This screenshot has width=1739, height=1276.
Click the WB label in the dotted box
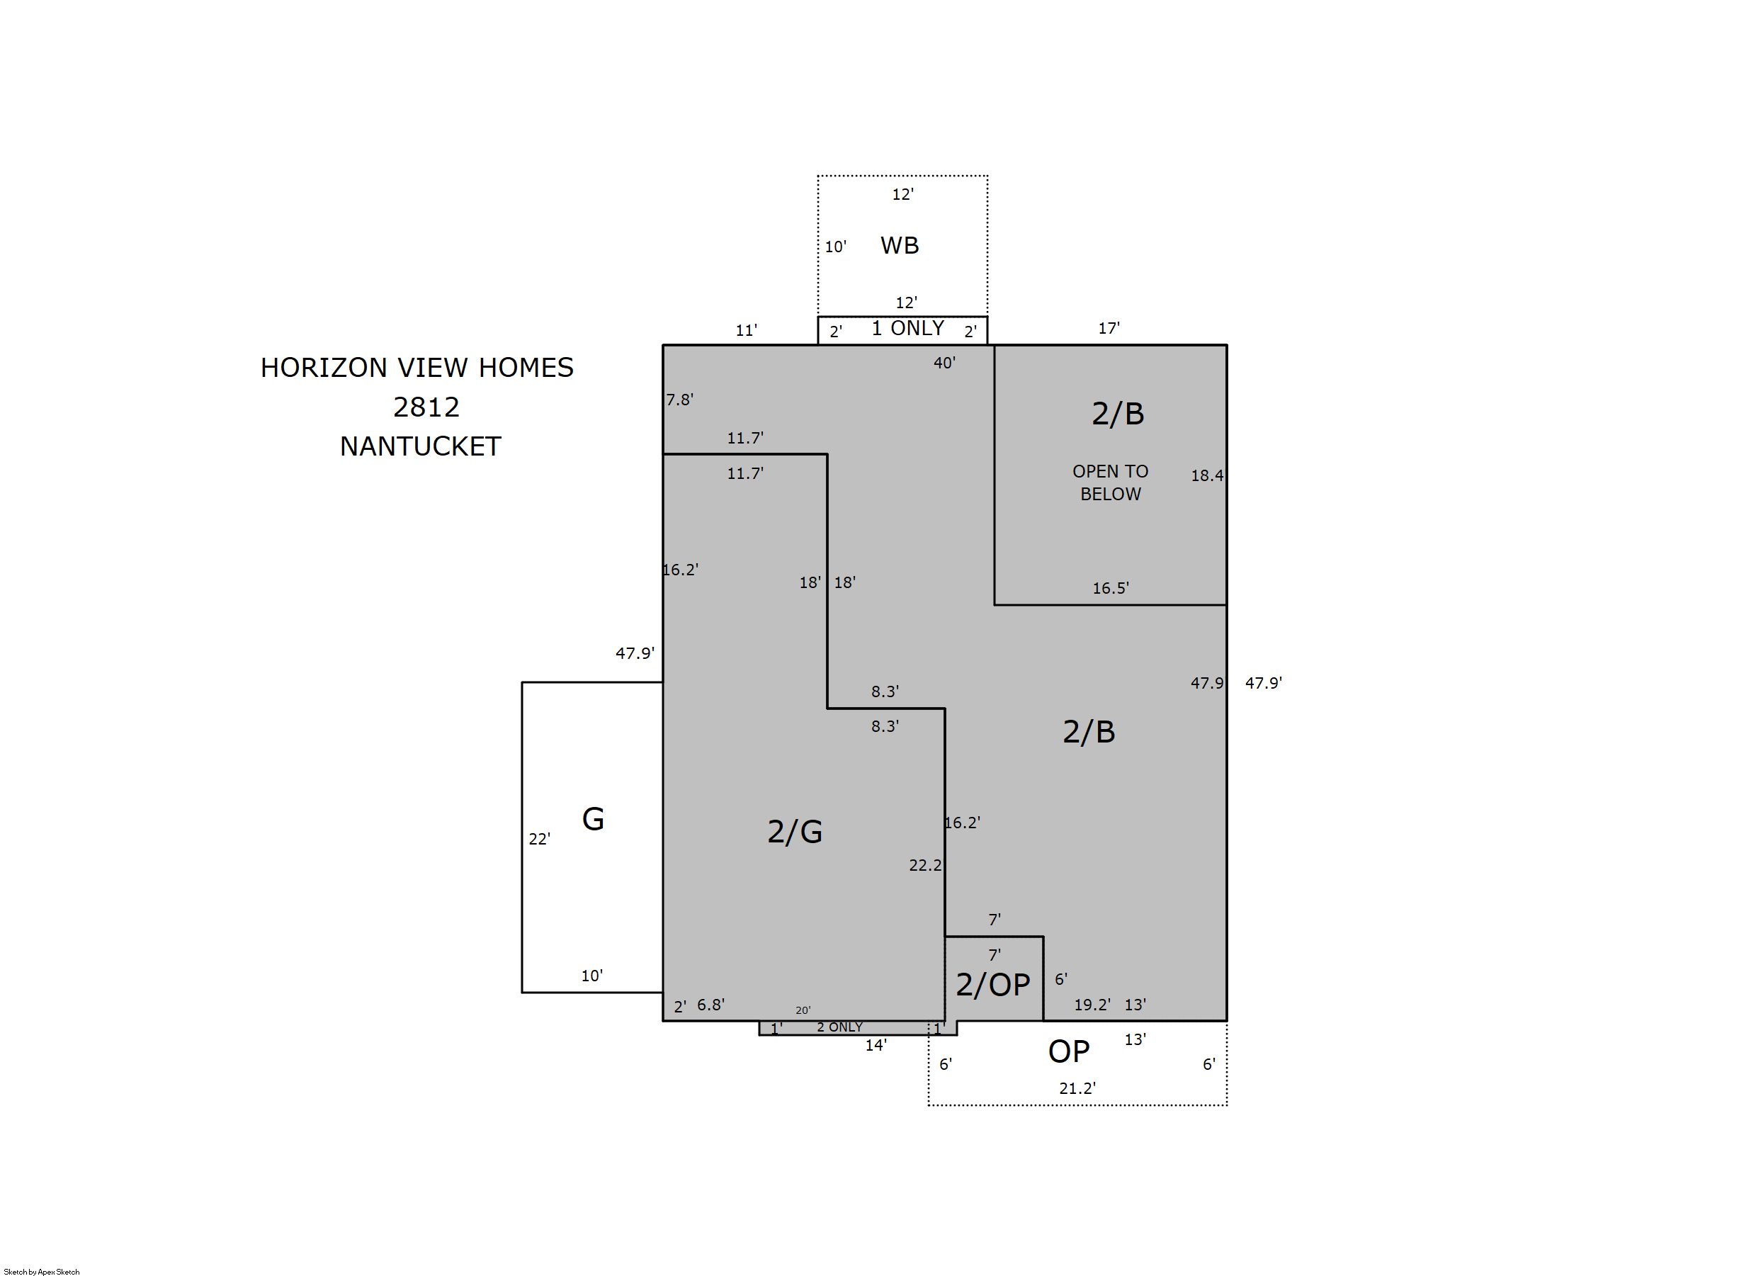(x=900, y=246)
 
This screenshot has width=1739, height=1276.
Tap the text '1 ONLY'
(x=907, y=328)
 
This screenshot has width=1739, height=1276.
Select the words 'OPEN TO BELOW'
(x=1111, y=482)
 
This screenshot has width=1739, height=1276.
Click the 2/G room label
(x=795, y=832)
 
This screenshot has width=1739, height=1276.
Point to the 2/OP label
(x=993, y=985)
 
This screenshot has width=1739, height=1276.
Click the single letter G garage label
(x=593, y=819)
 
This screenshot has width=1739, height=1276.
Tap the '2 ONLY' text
(x=839, y=1027)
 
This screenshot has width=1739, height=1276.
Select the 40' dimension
(x=944, y=362)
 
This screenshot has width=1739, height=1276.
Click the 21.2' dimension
(x=1077, y=1088)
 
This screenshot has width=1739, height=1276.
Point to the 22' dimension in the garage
(x=539, y=839)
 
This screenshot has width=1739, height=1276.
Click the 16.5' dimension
(x=1111, y=588)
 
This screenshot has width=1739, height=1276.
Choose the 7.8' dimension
(x=679, y=400)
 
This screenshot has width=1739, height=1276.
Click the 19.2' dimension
(x=1092, y=1004)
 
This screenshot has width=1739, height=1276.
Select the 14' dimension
(x=876, y=1045)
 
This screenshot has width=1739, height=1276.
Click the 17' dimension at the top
(x=1109, y=328)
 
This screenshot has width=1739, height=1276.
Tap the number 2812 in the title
(x=426, y=407)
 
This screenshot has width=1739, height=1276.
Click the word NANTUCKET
(x=421, y=446)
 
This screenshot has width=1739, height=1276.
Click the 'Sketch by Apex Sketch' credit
(x=42, y=1271)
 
